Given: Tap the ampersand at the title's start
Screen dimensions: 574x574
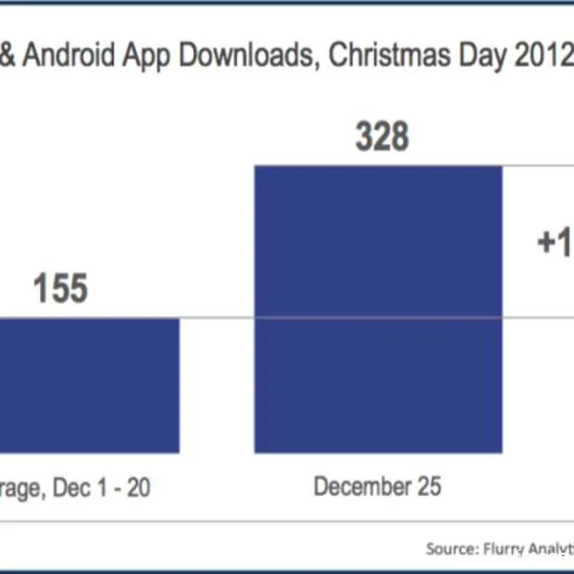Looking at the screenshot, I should (7, 56).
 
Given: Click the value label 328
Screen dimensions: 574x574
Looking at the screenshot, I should (382, 137).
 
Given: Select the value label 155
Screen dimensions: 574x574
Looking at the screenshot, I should (60, 289).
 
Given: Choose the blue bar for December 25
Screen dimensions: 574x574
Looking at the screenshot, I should (378, 310).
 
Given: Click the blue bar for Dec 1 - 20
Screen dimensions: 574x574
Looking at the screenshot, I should (88, 385).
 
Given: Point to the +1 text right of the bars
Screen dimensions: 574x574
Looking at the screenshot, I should (555, 243).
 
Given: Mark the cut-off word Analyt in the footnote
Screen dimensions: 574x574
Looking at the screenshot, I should (554, 549).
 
